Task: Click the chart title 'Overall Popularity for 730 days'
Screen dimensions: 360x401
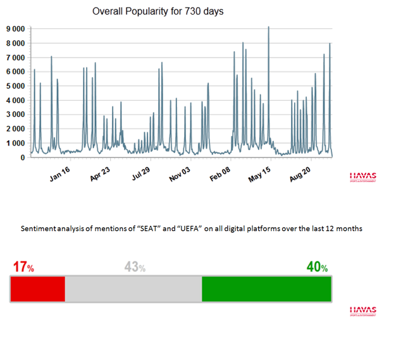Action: pyautogui.click(x=157, y=11)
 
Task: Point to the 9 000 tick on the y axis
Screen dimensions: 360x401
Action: pyautogui.click(x=16, y=29)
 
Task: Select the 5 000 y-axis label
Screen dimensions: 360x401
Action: pyautogui.click(x=16, y=86)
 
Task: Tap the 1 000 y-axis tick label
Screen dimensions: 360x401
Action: pyautogui.click(x=16, y=143)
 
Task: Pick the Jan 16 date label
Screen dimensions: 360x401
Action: pyautogui.click(x=59, y=173)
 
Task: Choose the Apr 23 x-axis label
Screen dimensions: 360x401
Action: pyautogui.click(x=100, y=173)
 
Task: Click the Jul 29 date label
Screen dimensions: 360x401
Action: pyautogui.click(x=140, y=173)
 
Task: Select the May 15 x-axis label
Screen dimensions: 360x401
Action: pyautogui.click(x=259, y=173)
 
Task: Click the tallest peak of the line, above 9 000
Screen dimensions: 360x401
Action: pyautogui.click(x=269, y=28)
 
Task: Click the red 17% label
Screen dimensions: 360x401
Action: pyautogui.click(x=23, y=267)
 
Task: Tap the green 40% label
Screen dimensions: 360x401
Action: pyautogui.click(x=317, y=267)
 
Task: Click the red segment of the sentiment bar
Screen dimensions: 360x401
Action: pyautogui.click(x=38, y=289)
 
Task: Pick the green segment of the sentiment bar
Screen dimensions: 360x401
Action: pyautogui.click(x=266, y=289)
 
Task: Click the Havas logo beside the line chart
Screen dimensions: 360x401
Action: pyautogui.click(x=363, y=177)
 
